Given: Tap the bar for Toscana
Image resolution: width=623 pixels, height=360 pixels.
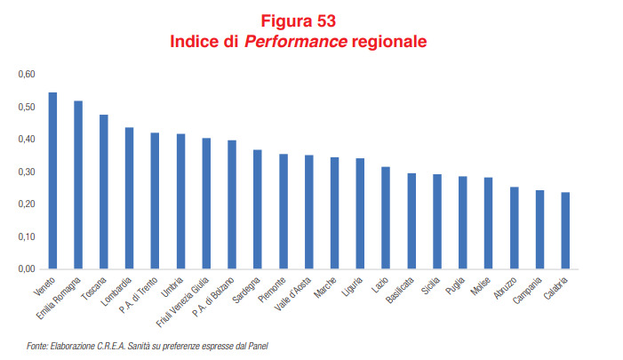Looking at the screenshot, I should coord(104,192).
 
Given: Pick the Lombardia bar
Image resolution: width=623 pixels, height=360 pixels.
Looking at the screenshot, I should coord(129,198).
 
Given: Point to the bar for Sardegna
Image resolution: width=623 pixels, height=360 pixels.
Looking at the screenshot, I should coord(258,210).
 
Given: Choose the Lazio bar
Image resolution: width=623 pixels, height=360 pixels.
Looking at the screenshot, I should coord(386,218).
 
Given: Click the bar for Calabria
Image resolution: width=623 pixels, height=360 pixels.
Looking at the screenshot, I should coord(565,231).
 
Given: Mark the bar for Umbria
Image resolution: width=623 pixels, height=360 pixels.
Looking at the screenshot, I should coord(180,202).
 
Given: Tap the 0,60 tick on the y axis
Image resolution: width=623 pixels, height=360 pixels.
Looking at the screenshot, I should coord(26,75).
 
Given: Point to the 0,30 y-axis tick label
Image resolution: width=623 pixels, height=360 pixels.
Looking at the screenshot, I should coord(26,172).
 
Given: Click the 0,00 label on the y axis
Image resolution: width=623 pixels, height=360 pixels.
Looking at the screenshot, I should coord(26,268).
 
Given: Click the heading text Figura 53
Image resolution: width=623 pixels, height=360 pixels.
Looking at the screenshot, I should coord(300,21).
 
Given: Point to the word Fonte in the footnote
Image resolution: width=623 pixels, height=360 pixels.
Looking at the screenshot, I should coord(37,346).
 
